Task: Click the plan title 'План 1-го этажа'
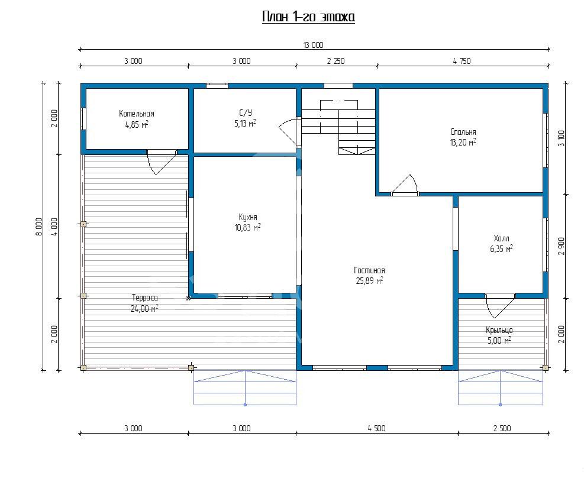(x=308, y=17)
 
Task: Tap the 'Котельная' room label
(x=136, y=114)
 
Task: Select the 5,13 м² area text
(x=245, y=124)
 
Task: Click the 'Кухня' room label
(x=248, y=217)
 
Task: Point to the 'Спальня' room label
(x=463, y=132)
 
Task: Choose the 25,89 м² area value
(x=369, y=281)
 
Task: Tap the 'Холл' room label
(x=501, y=238)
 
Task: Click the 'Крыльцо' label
(x=499, y=330)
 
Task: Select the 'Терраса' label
(x=145, y=298)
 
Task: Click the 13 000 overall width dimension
(x=313, y=46)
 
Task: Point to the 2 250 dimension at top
(x=336, y=61)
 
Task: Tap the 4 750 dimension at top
(x=462, y=61)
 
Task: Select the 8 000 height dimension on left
(x=39, y=227)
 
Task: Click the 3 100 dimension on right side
(x=562, y=138)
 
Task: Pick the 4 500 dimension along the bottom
(x=376, y=428)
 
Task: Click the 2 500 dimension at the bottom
(x=502, y=428)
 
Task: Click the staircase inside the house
(x=338, y=127)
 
